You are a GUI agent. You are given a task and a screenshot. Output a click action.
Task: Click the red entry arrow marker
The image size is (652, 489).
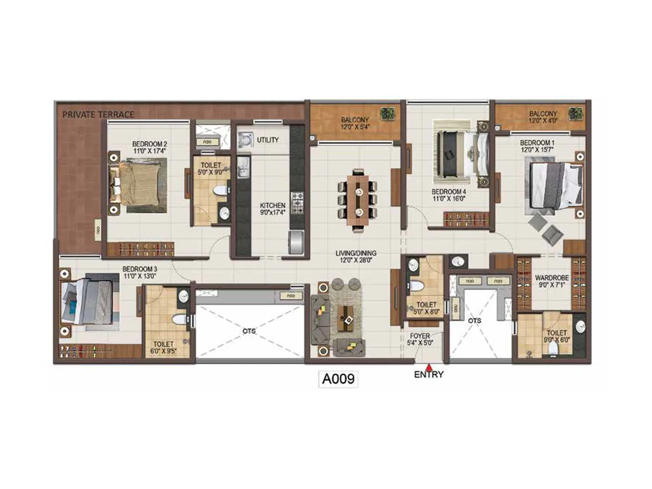(428, 366)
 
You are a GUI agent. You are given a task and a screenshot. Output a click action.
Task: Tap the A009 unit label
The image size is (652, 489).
(338, 379)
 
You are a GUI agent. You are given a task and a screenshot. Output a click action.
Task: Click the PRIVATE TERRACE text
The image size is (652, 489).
(98, 115)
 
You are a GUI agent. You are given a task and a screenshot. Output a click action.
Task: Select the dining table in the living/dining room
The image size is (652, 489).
(358, 200)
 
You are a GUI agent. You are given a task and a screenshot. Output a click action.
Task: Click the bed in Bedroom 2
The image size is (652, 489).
(139, 184)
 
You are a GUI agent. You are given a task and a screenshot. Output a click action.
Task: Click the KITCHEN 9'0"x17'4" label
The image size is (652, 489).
(273, 209)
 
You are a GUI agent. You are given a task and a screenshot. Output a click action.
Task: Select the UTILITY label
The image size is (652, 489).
(268, 140)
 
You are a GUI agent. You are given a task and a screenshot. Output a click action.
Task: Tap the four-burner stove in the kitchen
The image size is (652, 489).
(297, 203)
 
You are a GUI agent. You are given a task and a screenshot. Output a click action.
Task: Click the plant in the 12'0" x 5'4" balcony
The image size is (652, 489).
(387, 114)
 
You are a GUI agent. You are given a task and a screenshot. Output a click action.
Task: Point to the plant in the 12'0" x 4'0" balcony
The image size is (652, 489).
(575, 114)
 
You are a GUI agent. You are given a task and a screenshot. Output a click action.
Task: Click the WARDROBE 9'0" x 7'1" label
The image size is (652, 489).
(552, 281)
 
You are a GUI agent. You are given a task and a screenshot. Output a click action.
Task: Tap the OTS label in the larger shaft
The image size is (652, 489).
(249, 331)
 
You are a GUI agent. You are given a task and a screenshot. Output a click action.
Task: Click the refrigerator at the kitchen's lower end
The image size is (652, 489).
(296, 242)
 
